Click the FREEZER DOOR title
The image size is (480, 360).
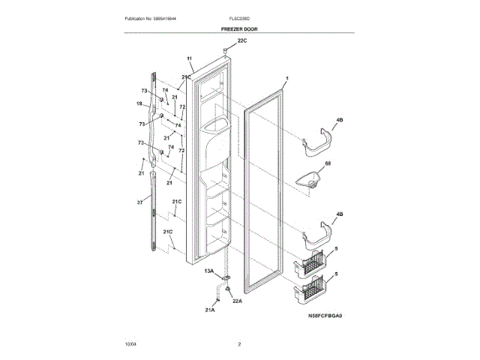point(240,28)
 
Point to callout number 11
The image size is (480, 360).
point(190,58)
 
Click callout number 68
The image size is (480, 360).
point(326,163)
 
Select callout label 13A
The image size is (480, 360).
point(209,270)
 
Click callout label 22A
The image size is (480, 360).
point(237,301)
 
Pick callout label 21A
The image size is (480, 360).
point(210,309)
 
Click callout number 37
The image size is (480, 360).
point(139,202)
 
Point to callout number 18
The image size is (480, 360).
point(139,103)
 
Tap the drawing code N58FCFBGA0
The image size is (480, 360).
point(325,316)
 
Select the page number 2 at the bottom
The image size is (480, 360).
point(239,344)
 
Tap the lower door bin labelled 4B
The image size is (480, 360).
point(317,238)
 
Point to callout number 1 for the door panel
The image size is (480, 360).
point(286,79)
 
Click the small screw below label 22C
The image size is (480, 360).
point(225,51)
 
